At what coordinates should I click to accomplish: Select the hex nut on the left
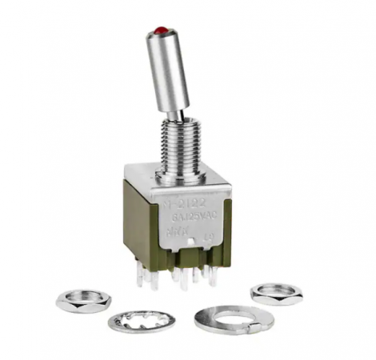tap(83, 299)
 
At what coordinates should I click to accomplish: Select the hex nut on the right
tap(276, 293)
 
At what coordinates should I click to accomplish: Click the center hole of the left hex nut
tap(83, 298)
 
